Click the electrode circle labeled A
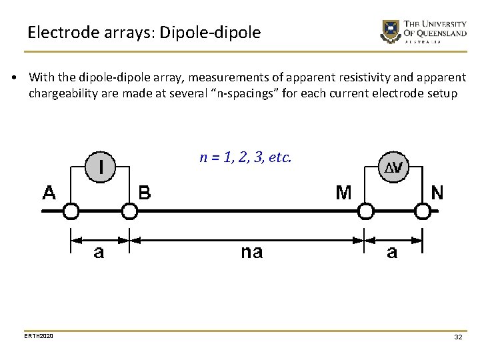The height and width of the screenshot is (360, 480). tap(71, 212)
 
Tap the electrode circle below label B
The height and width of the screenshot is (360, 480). tap(129, 212)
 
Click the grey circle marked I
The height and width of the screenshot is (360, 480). tap(101, 166)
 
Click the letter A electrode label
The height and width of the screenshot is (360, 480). tap(50, 193)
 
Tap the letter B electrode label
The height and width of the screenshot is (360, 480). tap(145, 193)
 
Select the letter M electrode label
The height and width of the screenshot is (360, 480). tap(344, 193)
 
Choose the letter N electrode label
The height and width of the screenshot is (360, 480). tap(437, 193)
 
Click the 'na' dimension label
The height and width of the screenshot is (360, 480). tap(251, 252)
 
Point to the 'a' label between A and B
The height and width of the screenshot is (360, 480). tap(99, 253)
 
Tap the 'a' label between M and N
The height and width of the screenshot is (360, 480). tap(392, 252)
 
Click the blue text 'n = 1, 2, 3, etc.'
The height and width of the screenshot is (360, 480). tap(245, 158)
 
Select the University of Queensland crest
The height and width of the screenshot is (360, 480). tap(389, 31)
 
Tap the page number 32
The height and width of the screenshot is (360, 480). tap(458, 337)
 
